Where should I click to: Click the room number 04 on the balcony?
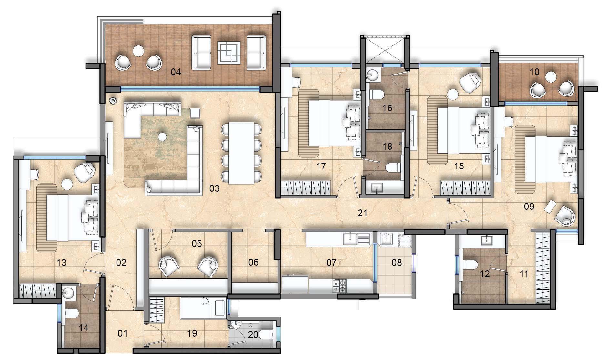click(176, 72)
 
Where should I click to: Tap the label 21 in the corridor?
click(363, 213)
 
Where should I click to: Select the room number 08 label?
click(397, 262)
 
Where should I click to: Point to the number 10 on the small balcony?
click(534, 72)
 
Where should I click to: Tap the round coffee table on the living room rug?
click(162, 137)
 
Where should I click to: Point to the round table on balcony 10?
click(551, 77)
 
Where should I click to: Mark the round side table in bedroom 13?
click(68, 184)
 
